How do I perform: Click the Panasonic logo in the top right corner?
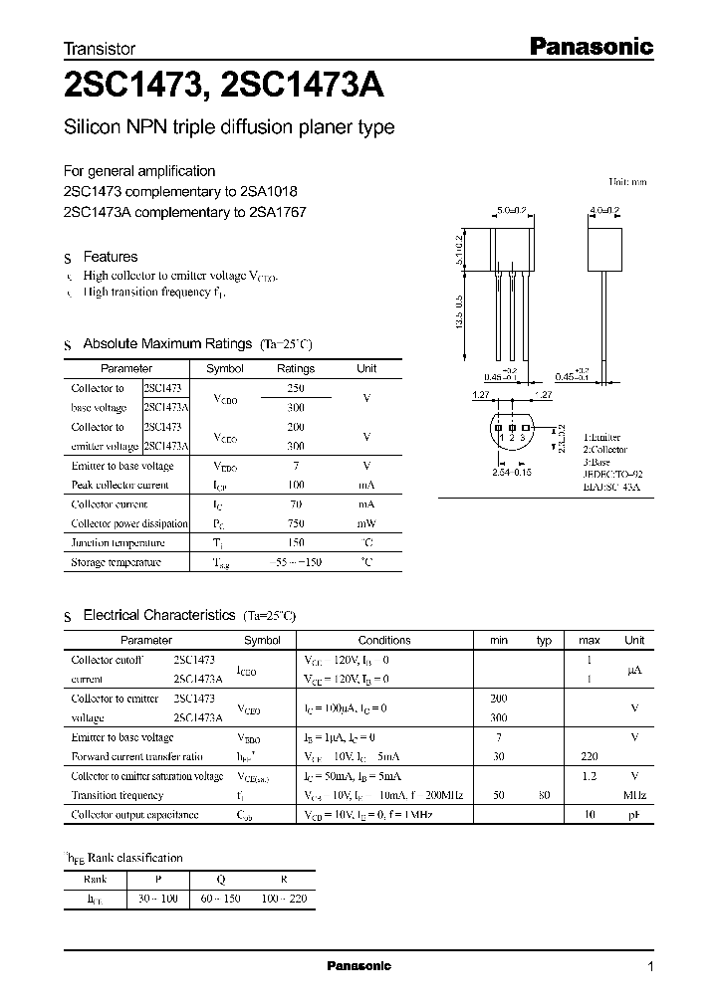589,46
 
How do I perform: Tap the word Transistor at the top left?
100,48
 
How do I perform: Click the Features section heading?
110,257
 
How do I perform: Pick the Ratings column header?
295,368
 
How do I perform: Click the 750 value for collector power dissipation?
296,523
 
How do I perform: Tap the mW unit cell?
366,523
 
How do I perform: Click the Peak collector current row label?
119,485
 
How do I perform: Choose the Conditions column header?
384,640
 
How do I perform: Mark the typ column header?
544,640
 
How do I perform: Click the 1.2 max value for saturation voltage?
589,776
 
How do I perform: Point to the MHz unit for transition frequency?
633,796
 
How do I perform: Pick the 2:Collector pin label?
605,449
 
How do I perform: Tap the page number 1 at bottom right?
650,967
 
